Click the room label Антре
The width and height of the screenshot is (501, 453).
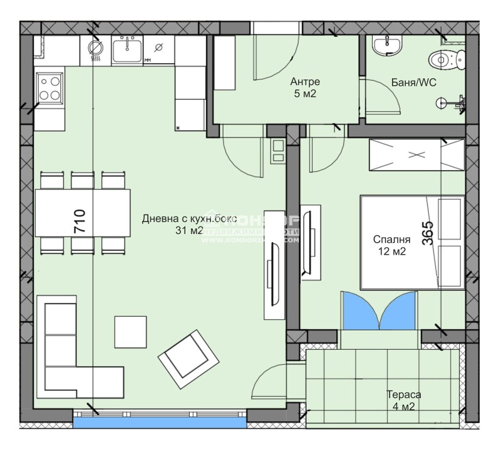click(x=305, y=82)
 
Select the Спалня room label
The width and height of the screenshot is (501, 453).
click(x=391, y=239)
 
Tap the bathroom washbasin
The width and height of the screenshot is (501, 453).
click(x=386, y=45)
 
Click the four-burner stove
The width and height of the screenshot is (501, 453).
click(x=49, y=87)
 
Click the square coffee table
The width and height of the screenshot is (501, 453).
click(x=130, y=332)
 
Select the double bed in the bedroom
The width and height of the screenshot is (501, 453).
click(x=411, y=243)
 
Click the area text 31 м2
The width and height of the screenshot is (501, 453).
click(x=190, y=231)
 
